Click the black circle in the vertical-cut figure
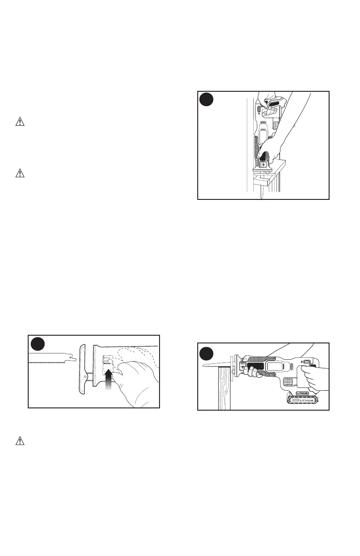207,100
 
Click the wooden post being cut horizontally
224,391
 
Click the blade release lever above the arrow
107,361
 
